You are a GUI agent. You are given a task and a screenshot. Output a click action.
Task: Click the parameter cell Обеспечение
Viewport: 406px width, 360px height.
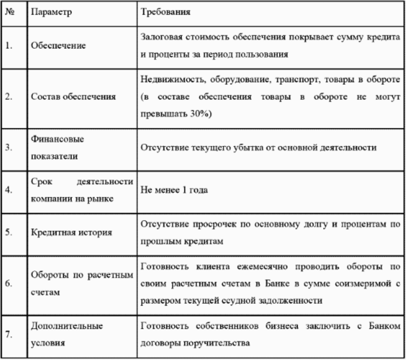58,46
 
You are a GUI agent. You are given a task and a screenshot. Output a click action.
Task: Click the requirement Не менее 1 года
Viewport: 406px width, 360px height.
171,190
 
